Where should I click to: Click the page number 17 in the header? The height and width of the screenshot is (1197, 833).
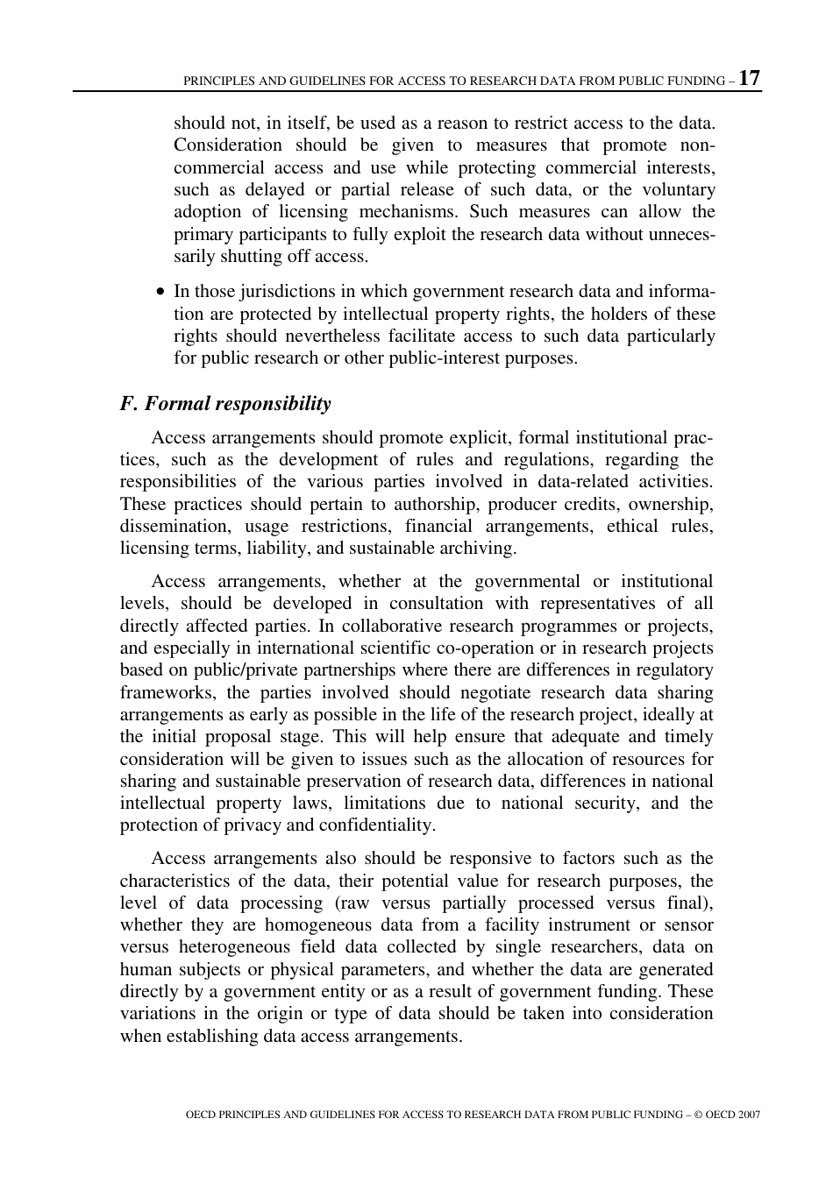(x=750, y=78)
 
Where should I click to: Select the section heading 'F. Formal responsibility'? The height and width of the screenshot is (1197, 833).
(x=225, y=404)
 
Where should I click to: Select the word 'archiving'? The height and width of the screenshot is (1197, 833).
(x=479, y=549)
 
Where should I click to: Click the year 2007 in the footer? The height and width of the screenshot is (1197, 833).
(x=749, y=1115)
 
